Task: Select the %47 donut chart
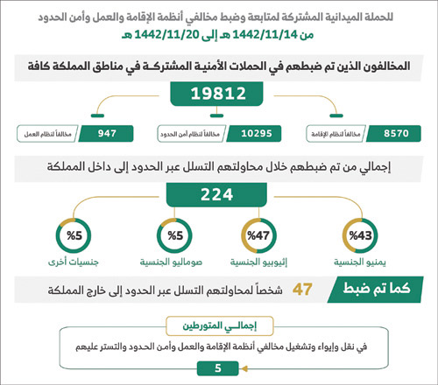click(260, 236)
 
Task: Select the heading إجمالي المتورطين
click(220, 325)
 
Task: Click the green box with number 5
click(218, 367)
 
